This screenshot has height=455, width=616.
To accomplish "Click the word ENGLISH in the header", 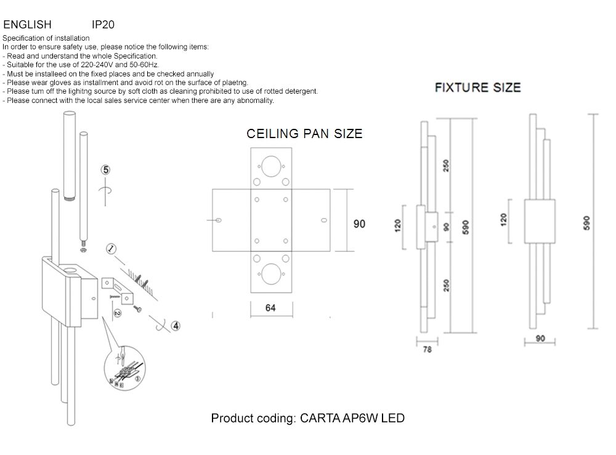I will point(27,25).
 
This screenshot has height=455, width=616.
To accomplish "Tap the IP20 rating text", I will point(103,25).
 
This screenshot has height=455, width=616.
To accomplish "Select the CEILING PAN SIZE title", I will point(304,134).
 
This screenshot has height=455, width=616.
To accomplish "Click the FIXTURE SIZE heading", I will point(477,88).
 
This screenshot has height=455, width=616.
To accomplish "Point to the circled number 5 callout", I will point(106,170).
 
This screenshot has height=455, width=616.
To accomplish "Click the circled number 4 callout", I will point(176,326).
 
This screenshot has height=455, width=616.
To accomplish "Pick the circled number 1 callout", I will point(111,249).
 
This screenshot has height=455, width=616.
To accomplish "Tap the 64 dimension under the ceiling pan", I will point(270,308).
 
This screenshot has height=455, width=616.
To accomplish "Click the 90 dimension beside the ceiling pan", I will point(359,224).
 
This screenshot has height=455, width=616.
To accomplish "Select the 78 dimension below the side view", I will point(428,350).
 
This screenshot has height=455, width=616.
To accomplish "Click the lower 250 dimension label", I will point(446,285).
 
